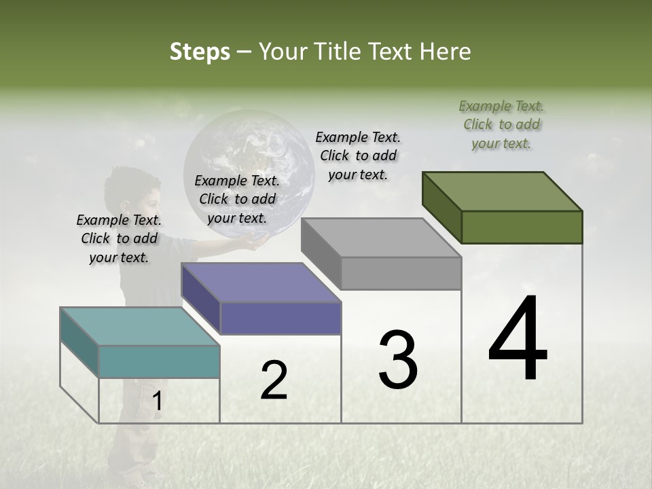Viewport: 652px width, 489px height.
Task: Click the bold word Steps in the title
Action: [x=200, y=52]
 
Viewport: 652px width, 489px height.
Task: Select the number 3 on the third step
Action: [x=398, y=360]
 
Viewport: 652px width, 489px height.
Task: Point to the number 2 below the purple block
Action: [x=274, y=380]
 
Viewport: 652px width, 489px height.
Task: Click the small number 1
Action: [x=157, y=401]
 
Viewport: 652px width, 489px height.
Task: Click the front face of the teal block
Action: [x=159, y=361]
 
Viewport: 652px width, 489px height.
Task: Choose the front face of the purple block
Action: [x=280, y=318]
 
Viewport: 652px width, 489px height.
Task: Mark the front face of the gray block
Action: [x=401, y=274]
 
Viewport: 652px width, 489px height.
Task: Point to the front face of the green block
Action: [x=522, y=227]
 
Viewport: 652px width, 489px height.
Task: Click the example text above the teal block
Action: [x=119, y=238]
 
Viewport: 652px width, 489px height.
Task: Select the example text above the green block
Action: [x=501, y=124]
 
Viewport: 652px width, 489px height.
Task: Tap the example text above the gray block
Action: [x=358, y=156]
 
